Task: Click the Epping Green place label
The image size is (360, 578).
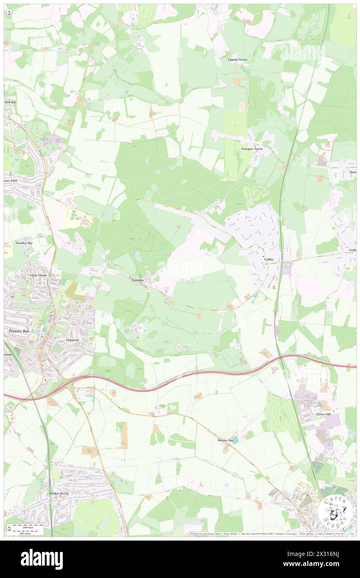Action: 237,59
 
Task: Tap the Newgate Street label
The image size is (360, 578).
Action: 252,148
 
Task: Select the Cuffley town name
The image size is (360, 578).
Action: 269,259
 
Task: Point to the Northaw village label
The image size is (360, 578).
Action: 138,280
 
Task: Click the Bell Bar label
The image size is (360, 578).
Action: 10,102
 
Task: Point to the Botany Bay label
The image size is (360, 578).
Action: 225,440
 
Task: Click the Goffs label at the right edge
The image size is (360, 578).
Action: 352,249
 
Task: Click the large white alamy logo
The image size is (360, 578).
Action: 42,559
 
